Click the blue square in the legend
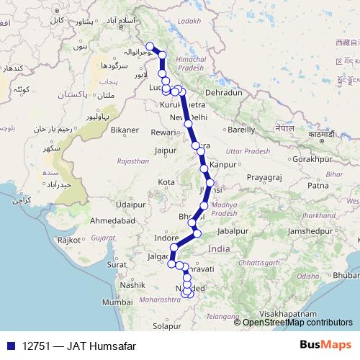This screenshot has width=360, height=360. coord(10,346)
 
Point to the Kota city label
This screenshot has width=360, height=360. coord(166,181)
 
